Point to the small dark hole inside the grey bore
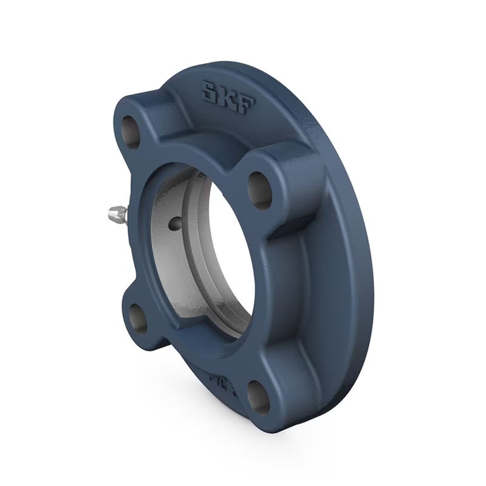coord(175,224)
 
